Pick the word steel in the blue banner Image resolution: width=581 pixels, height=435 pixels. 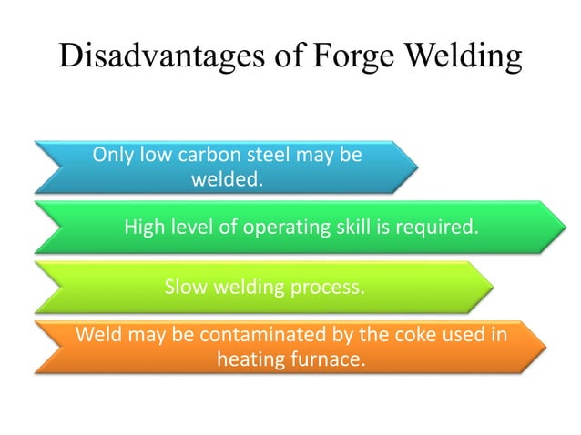click(265, 155)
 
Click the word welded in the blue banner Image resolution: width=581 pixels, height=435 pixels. click(227, 179)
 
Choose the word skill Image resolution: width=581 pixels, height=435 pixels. click(349, 228)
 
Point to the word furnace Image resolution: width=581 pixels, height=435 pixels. click(329, 359)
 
